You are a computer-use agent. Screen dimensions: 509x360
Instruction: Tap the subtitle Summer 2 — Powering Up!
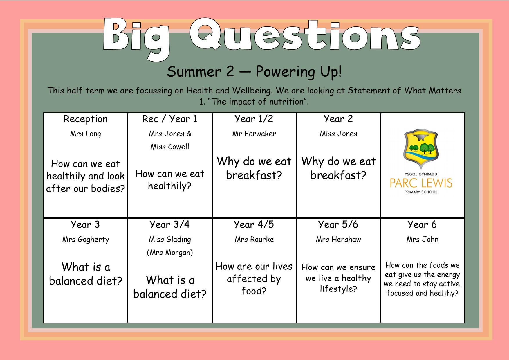pos(254,72)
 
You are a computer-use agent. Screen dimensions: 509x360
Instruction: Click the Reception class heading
pos(86,119)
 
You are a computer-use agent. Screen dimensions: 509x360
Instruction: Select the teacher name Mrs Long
pos(86,134)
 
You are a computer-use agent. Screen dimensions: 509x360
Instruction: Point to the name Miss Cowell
pos(170,147)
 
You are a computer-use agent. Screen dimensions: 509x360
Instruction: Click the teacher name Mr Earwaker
pos(254,134)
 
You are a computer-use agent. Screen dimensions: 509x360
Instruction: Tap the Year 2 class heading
pos(338,118)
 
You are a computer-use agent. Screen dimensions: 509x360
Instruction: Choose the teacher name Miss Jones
pos(338,134)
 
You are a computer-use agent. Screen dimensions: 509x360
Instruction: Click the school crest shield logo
pos(421,150)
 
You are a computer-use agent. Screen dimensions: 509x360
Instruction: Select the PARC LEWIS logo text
pos(421,183)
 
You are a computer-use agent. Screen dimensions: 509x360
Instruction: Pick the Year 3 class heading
pos(85,224)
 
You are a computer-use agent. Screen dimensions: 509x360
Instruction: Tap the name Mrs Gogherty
pos(86,240)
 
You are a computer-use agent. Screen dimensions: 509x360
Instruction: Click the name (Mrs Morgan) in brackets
pos(170,252)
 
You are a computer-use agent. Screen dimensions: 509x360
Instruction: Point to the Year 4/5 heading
pos(254,224)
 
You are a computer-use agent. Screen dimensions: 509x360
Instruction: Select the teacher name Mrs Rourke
pos(254,239)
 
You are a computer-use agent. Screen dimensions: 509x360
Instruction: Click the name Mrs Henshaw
pos(338,239)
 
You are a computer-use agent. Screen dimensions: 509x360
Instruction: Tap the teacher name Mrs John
pos(423,239)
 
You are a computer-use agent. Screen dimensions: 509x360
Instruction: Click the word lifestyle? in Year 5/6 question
pos(338,289)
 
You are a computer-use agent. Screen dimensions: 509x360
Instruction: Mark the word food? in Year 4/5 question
pos(254,291)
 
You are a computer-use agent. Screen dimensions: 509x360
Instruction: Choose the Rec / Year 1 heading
pos(170,118)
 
